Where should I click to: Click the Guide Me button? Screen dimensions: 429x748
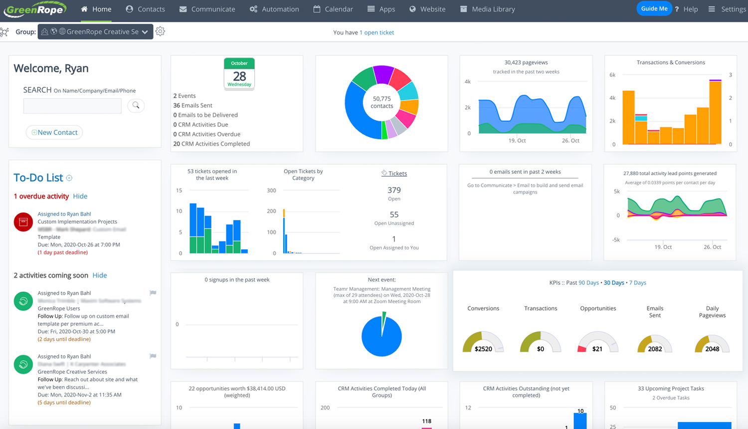(654, 8)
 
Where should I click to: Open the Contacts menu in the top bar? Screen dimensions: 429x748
(146, 9)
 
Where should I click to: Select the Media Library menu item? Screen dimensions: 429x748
(487, 9)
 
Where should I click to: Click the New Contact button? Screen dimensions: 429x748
(54, 132)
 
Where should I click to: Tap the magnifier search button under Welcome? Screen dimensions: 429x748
(136, 105)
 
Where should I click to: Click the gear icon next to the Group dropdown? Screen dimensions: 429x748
(160, 31)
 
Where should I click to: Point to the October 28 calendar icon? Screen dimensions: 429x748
(239, 74)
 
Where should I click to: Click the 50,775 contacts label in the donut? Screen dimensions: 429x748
(382, 102)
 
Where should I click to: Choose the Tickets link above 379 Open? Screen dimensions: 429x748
(394, 174)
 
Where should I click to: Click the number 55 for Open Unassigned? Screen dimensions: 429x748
(394, 214)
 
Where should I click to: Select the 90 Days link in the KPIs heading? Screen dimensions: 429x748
(588, 283)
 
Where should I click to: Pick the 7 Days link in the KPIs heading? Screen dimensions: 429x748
(637, 283)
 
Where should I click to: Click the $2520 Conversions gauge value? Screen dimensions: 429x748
(483, 349)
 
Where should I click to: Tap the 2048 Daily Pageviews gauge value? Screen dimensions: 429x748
(712, 349)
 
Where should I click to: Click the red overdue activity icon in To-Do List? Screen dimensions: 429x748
(23, 222)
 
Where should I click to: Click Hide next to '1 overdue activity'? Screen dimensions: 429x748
(80, 197)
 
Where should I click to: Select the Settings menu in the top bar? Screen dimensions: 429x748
(728, 9)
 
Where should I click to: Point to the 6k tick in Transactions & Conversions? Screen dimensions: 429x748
(612, 75)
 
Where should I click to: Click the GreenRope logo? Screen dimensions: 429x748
(35, 9)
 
